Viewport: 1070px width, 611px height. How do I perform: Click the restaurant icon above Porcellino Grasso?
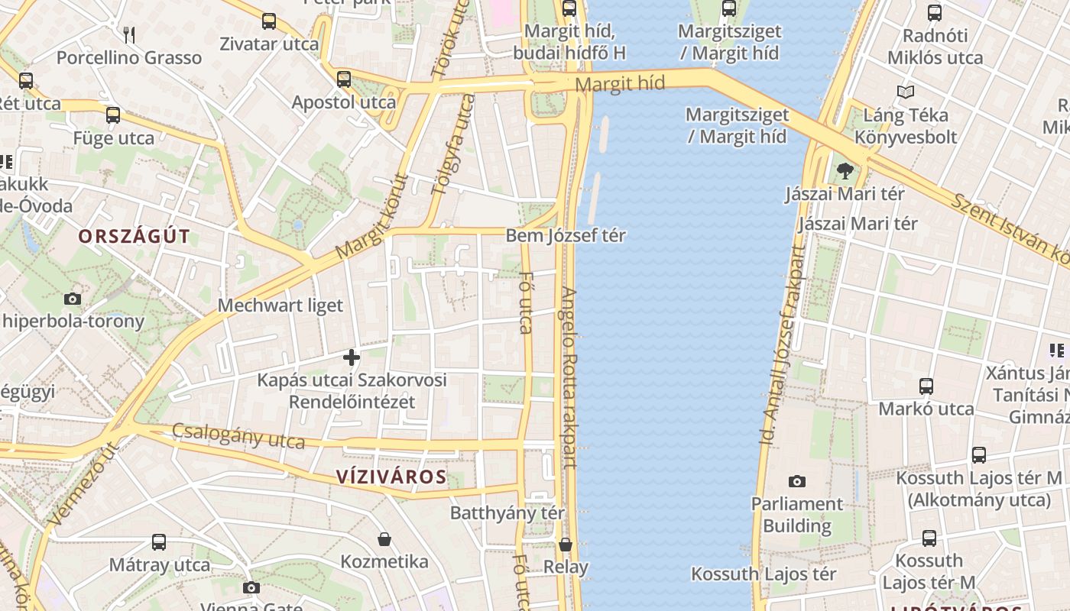[x=129, y=34]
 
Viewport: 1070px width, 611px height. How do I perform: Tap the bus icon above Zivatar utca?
[x=268, y=21]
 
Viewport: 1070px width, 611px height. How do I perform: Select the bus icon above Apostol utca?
[x=344, y=79]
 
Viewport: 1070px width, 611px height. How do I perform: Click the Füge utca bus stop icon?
[x=113, y=115]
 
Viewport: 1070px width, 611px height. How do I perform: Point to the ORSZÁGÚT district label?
[x=134, y=237]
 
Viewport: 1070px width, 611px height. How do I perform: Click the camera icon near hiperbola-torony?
[x=73, y=299]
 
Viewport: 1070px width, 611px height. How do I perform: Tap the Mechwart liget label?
[x=280, y=305]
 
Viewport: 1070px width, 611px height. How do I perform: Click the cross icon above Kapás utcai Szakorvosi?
[x=352, y=357]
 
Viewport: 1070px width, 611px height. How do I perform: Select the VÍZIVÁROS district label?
[x=391, y=477]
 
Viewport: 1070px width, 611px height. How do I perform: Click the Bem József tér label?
[x=566, y=236]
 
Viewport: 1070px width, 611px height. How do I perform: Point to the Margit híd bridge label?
[x=620, y=83]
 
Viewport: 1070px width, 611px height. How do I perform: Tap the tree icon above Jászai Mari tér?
[x=845, y=171]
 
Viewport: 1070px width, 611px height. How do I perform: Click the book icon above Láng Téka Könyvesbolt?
[x=906, y=92]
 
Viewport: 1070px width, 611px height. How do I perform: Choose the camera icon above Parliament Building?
[x=797, y=481]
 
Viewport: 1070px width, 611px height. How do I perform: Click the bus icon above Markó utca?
[x=926, y=386]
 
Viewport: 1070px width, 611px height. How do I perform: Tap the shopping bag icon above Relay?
[x=566, y=545]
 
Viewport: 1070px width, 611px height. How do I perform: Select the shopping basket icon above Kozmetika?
[x=384, y=539]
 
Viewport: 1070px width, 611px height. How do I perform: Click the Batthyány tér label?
[x=507, y=512]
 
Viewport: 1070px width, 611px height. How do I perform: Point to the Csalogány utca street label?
[x=238, y=436]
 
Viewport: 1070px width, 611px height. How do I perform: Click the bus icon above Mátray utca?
[x=159, y=542]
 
